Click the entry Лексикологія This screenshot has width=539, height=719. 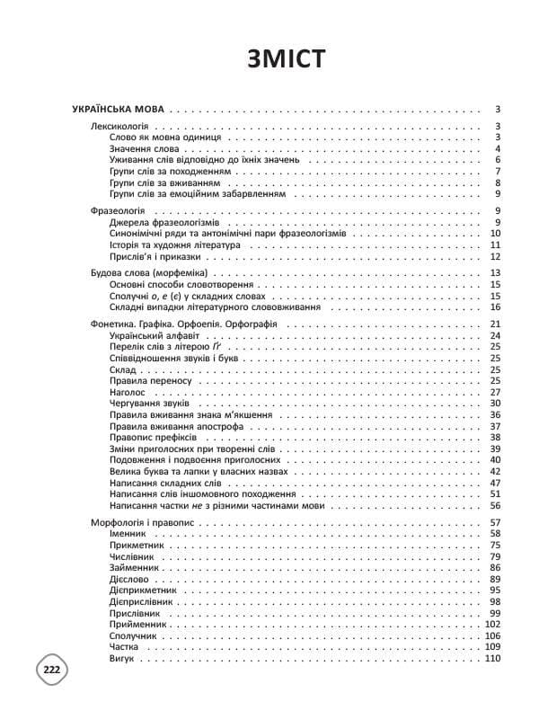(x=120, y=126)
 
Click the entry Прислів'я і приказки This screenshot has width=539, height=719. (x=149, y=256)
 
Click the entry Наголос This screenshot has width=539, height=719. (x=127, y=392)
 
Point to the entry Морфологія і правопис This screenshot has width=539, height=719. (x=143, y=522)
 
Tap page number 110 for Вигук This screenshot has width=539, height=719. (x=491, y=659)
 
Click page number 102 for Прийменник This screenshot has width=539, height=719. (x=491, y=625)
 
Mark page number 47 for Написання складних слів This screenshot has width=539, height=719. (x=495, y=483)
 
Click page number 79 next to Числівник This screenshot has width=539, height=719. (x=495, y=556)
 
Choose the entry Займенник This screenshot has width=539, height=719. (x=134, y=568)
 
